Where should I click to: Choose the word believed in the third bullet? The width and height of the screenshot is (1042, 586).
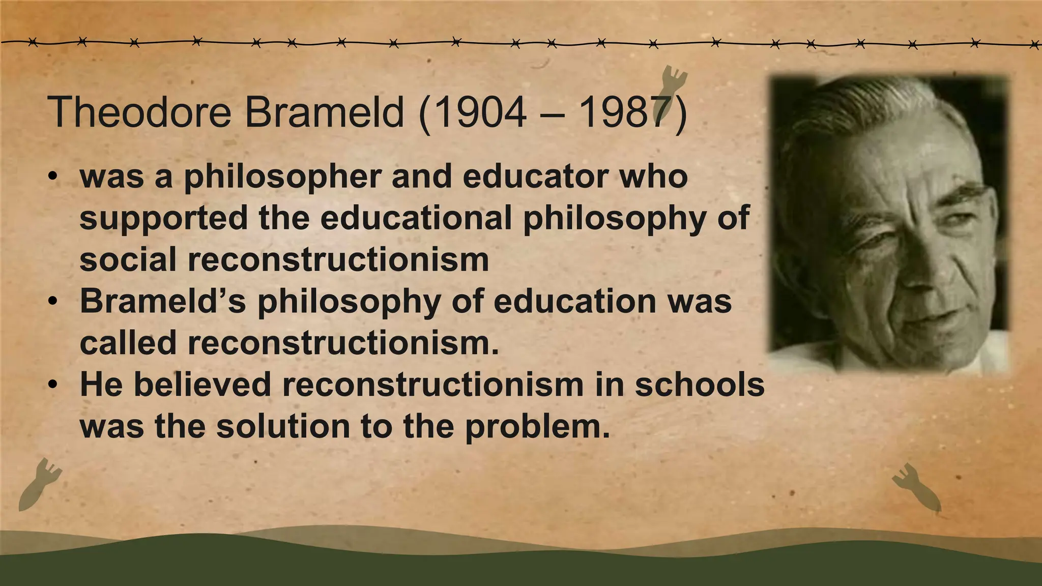[201, 385]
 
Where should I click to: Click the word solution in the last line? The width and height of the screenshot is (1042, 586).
[283, 426]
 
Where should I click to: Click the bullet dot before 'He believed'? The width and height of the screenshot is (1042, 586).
[52, 385]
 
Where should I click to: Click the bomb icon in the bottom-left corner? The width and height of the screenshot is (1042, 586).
[38, 484]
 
